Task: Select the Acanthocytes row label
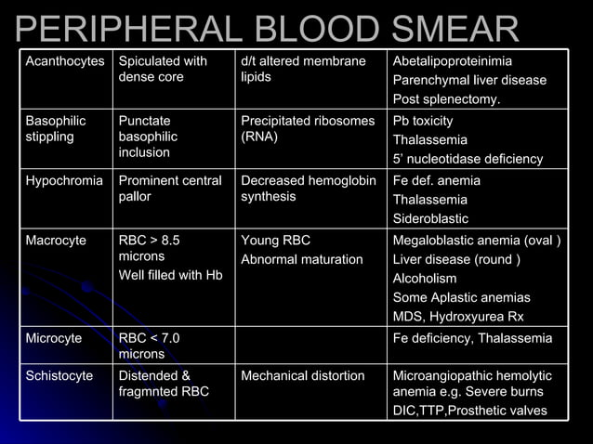(x=65, y=61)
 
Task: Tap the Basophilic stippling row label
(x=56, y=129)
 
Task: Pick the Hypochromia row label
(x=64, y=180)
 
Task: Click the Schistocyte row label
(x=59, y=375)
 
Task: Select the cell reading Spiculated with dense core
(x=163, y=69)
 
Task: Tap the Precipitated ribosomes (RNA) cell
(x=308, y=129)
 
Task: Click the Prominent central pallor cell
(x=170, y=189)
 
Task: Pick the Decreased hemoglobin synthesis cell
(x=308, y=189)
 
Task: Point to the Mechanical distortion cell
(x=303, y=375)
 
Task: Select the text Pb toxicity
(x=424, y=121)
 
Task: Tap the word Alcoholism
(x=425, y=278)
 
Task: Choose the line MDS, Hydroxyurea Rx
(x=457, y=316)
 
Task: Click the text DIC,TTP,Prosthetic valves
(x=470, y=411)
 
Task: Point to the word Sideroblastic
(x=430, y=218)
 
